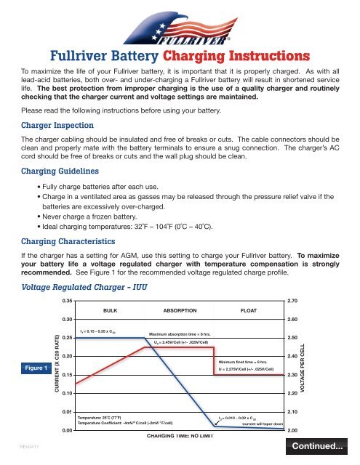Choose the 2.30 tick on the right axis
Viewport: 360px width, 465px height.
(293, 375)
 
